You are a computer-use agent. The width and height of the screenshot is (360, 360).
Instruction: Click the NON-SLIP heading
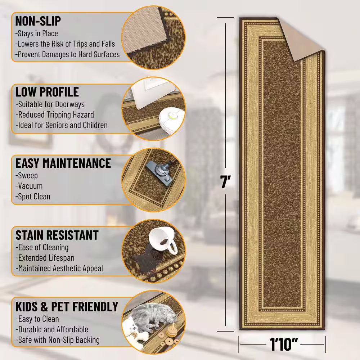click(38, 21)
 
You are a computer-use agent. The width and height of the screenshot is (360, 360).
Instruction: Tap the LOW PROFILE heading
click(47, 92)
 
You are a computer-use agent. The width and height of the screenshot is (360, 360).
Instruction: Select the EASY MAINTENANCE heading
click(63, 163)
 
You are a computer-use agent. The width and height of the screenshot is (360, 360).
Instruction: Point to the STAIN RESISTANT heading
click(57, 235)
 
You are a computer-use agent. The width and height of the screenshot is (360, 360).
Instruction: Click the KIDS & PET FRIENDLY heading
click(67, 306)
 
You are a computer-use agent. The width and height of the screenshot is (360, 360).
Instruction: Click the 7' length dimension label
click(225, 181)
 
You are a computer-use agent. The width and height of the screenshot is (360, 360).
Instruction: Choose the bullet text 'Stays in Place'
click(36, 33)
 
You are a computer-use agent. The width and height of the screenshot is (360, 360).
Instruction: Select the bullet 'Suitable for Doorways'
click(50, 104)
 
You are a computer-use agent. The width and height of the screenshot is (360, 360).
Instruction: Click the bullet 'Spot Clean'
click(33, 197)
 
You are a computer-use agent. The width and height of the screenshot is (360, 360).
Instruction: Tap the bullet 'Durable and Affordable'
click(52, 329)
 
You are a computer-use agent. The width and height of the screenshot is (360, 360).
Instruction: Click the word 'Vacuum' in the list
click(29, 186)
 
